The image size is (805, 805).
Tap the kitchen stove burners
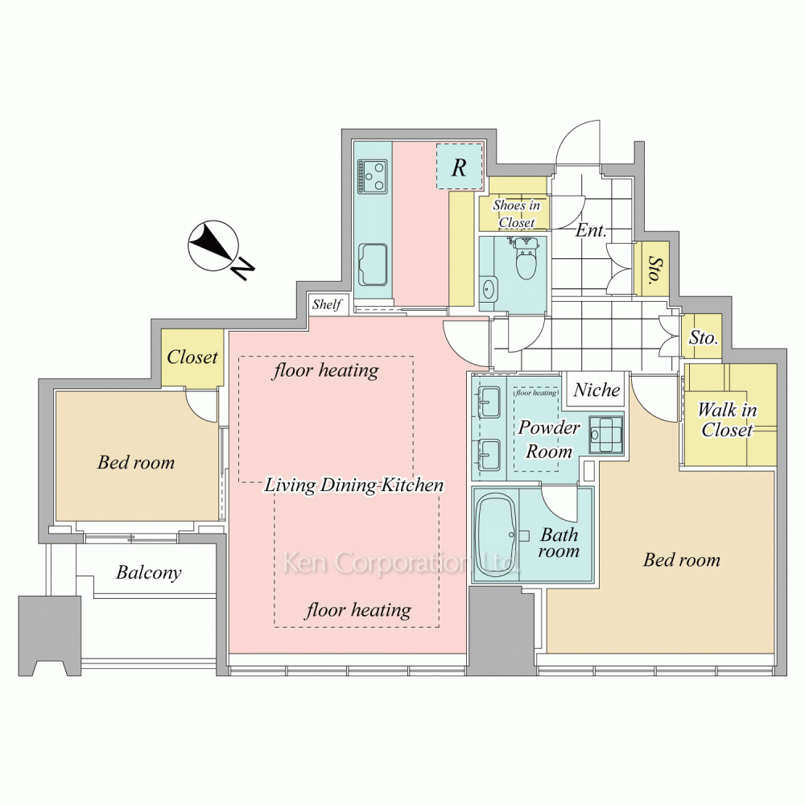(373, 176)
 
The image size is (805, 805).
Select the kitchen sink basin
(373, 265)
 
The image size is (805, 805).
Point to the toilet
(525, 258)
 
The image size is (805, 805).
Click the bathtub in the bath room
(496, 534)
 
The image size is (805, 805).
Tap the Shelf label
(327, 304)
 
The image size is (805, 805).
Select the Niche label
(597, 390)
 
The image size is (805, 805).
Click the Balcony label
(148, 572)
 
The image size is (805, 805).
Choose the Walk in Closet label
(728, 419)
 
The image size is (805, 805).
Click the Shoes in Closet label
(517, 213)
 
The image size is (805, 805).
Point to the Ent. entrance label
(591, 230)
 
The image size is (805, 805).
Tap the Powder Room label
(549, 439)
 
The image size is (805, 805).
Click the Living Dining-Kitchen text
(353, 485)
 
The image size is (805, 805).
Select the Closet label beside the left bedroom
(192, 357)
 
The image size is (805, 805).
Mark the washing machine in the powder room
(606, 435)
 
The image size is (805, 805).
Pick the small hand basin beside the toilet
(488, 289)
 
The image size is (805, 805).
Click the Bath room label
(559, 543)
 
